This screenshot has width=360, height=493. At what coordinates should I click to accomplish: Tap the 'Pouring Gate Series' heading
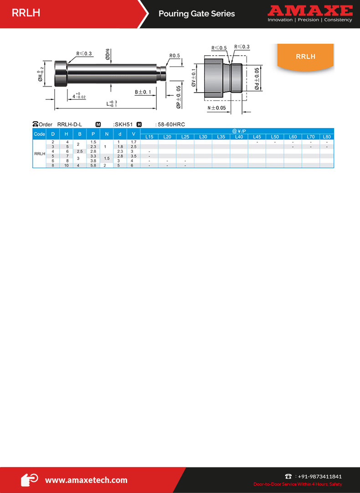pyautogui.click(x=197, y=14)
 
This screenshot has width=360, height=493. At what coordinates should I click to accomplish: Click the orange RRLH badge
pyautogui.click(x=305, y=57)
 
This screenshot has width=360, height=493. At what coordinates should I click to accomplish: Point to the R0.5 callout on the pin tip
pyautogui.click(x=175, y=56)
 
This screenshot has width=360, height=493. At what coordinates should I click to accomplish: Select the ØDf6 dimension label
pyautogui.click(x=108, y=54)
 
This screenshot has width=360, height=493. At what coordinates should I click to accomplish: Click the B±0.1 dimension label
pyautogui.click(x=143, y=92)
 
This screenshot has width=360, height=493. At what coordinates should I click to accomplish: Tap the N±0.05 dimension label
pyautogui.click(x=217, y=108)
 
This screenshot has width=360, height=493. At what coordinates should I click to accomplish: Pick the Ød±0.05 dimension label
pyautogui.click(x=257, y=78)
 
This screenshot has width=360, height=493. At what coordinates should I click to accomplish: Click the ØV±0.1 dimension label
pyautogui.click(x=194, y=78)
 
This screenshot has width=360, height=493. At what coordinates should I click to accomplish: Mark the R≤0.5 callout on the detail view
pyautogui.click(x=219, y=48)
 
